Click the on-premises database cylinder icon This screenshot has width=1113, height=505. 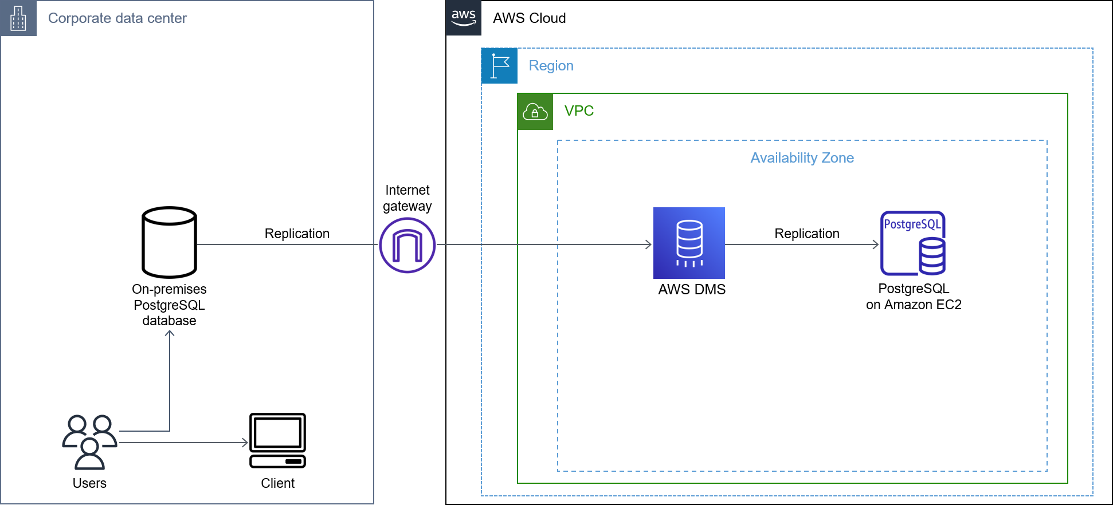170,242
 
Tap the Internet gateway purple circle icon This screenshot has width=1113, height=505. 407,245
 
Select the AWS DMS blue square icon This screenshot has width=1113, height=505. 689,243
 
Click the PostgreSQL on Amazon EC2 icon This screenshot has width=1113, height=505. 913,243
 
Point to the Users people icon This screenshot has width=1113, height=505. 90,442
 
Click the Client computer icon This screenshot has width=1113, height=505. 277,440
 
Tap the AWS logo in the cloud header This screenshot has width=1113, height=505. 464,18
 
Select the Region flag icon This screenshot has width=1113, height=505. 500,66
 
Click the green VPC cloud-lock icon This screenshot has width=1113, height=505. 535,112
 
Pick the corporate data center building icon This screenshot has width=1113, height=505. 18,18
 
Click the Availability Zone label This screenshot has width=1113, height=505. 802,158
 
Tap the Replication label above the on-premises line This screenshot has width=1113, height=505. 297,234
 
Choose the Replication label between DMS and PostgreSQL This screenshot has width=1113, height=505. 806,234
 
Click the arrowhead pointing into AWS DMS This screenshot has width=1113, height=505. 649,244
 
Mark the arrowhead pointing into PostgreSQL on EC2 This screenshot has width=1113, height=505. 876,244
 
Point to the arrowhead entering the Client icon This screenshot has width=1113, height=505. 245,443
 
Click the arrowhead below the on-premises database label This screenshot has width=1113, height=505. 170,334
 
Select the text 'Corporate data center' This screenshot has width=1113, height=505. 117,18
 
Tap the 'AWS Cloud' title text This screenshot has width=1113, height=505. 529,18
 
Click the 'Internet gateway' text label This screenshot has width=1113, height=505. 407,198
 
